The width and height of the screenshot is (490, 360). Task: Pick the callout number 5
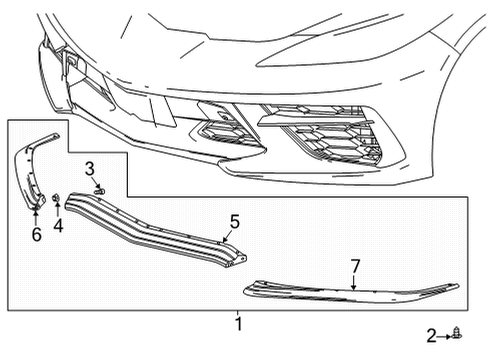click(x=234, y=221)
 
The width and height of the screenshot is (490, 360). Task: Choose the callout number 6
click(x=36, y=235)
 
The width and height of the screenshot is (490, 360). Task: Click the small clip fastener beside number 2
click(x=457, y=333)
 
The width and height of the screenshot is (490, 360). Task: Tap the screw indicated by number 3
click(x=100, y=189)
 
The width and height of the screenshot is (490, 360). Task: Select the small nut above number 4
click(x=58, y=197)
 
